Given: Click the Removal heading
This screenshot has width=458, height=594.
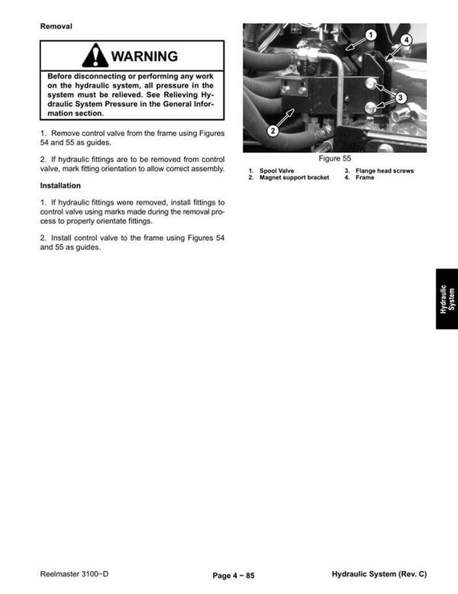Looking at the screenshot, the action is [x=56, y=27].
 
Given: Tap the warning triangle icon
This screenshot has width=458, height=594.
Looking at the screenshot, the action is [x=95, y=55].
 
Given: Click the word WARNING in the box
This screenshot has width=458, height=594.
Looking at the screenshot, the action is [x=144, y=56].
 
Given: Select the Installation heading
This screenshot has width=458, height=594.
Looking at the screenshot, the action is [x=60, y=186].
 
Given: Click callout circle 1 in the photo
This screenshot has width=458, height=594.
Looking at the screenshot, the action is [x=370, y=35].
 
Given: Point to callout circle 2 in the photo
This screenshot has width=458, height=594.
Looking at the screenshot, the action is [x=273, y=131].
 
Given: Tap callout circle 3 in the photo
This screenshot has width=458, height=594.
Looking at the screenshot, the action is [x=401, y=98].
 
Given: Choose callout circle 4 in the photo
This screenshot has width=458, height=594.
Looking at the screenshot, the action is [x=406, y=40].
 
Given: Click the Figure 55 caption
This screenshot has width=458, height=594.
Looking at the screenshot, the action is [x=335, y=158].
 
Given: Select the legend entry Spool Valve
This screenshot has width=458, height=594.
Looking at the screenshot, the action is [x=276, y=171].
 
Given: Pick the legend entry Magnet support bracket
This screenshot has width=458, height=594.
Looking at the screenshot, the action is [x=294, y=177].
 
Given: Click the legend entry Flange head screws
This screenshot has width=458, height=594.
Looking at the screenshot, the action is [x=385, y=171].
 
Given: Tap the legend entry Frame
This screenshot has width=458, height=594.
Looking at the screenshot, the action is [x=365, y=177].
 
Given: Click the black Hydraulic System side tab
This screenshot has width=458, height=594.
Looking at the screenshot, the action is [x=447, y=299].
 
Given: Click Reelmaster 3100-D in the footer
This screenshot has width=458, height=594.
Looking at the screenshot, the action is [x=74, y=574].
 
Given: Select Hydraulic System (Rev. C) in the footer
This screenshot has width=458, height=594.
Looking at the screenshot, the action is [x=379, y=574].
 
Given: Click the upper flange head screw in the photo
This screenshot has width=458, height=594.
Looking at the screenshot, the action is [x=371, y=83].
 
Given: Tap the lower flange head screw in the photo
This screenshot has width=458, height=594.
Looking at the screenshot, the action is [x=370, y=108].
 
